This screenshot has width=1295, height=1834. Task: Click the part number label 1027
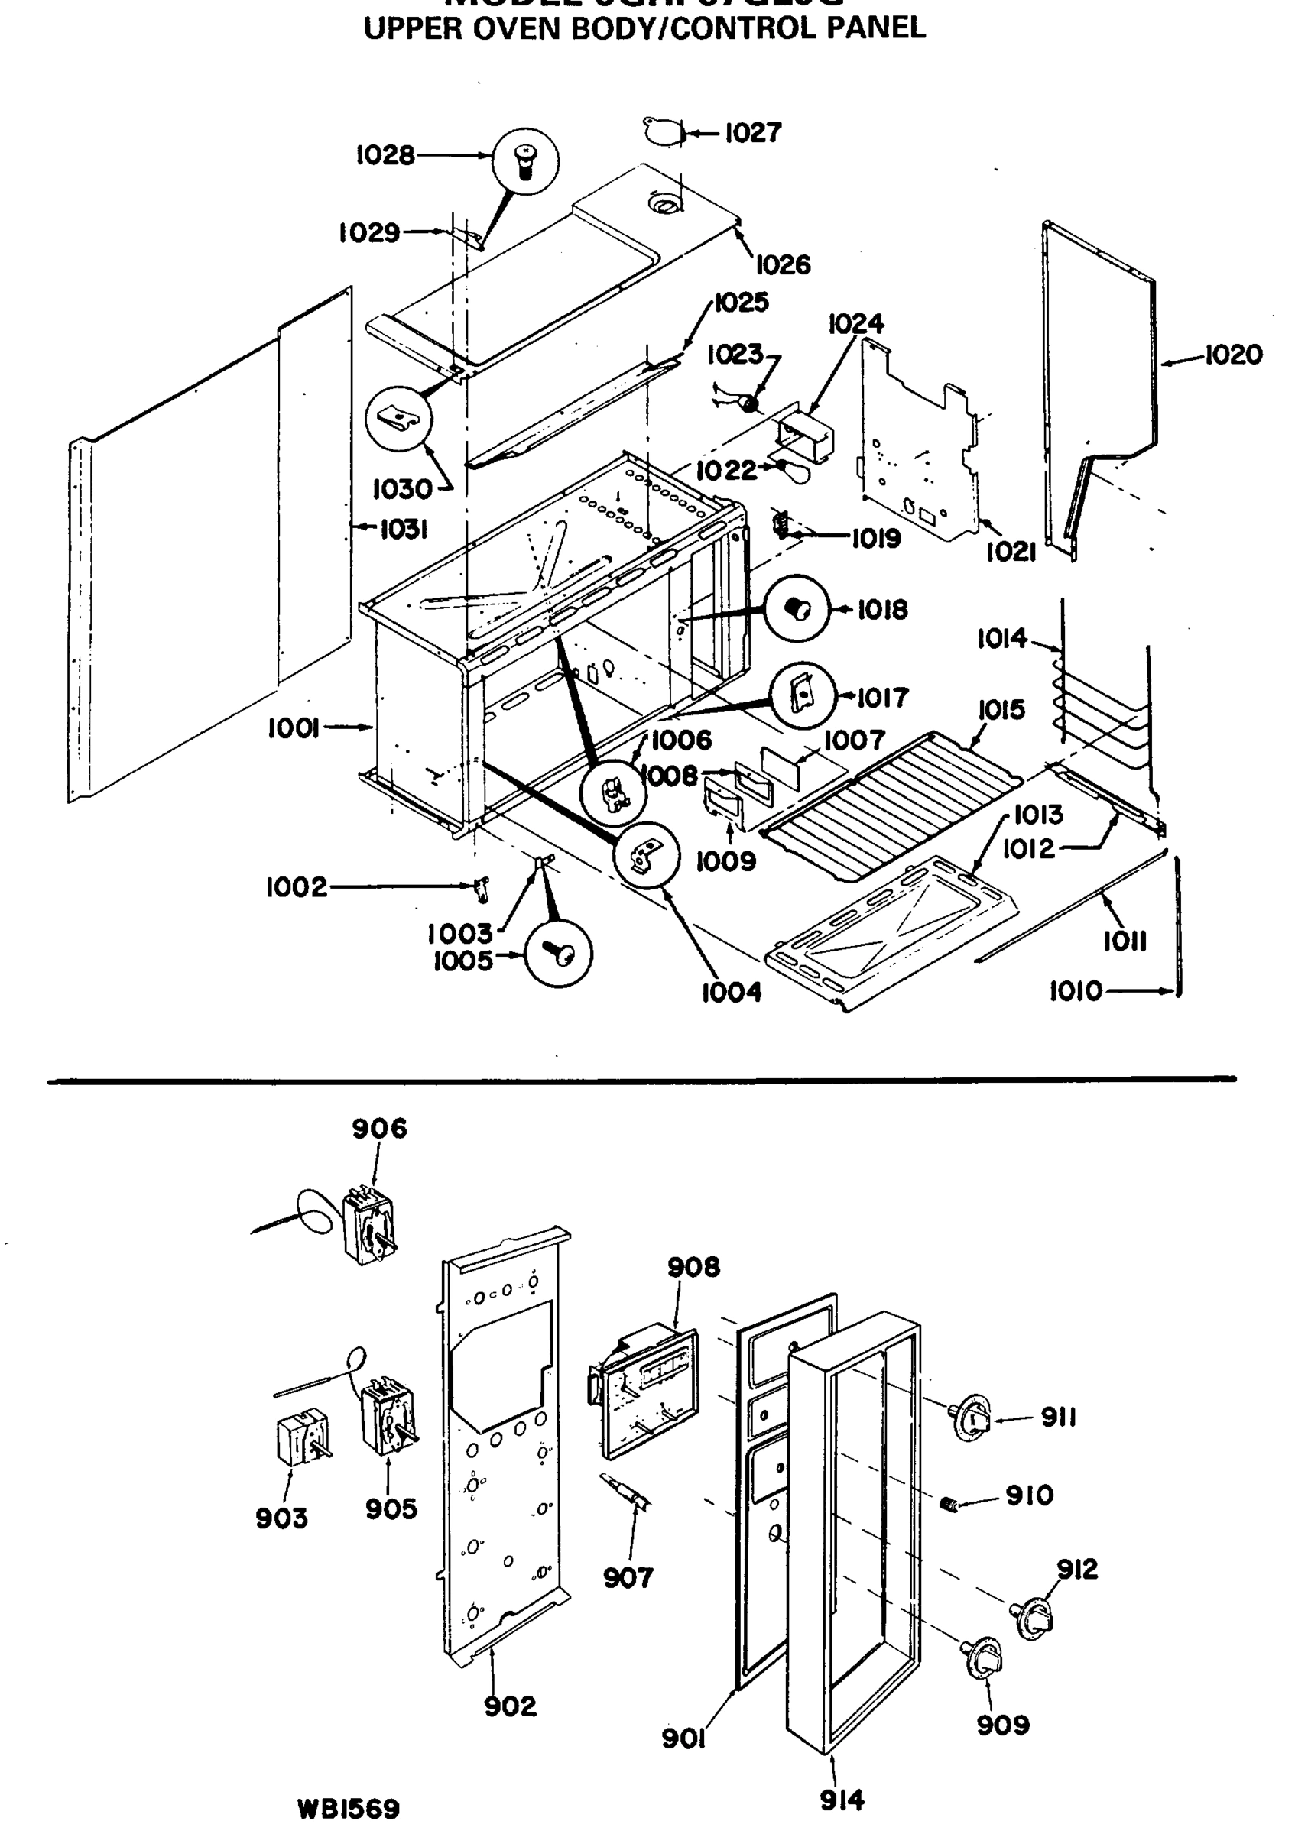point(752,133)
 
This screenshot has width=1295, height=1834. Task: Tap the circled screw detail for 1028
point(525,162)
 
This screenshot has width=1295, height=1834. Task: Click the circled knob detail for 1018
point(797,609)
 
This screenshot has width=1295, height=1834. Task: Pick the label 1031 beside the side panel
point(404,529)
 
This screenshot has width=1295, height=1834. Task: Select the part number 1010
point(1076,991)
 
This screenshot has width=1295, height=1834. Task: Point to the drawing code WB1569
point(349,1808)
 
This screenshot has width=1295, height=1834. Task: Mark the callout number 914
point(842,1800)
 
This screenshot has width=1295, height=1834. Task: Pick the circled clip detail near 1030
point(398,419)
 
